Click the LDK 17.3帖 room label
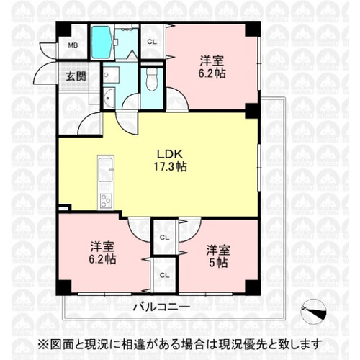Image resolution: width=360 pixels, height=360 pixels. point(170,161)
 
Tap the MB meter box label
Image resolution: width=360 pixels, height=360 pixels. point(73,45)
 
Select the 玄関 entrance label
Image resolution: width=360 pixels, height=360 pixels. point(76,76)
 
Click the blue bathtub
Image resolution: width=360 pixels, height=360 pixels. point(102,42)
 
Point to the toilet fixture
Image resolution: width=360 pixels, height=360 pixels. point(151,80)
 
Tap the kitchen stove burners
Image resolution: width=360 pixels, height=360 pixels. point(106,200)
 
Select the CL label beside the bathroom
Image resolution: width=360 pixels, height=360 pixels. point(152,42)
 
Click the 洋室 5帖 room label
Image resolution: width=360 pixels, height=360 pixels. point(218,256)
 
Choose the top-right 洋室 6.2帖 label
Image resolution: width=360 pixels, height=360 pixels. point(212,67)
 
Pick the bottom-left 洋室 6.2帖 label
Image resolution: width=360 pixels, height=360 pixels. point(102,253)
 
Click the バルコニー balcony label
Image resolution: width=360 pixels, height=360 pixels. point(161,307)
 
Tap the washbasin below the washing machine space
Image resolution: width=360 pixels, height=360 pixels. point(109,98)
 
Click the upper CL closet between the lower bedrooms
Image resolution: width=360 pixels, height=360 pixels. point(164,238)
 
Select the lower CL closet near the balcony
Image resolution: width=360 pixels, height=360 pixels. point(164,275)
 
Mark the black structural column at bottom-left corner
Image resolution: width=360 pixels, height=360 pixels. point(64,287)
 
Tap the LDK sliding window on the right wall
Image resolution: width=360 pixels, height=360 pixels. point(259,168)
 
